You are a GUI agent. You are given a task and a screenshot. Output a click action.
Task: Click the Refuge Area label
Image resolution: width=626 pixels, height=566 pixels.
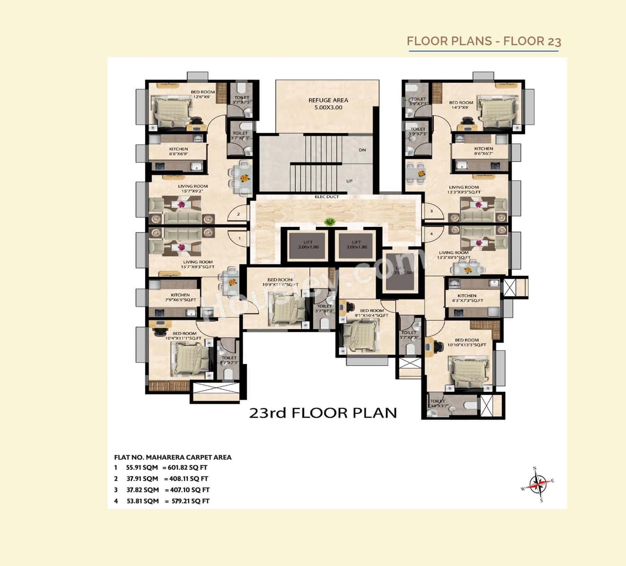[328, 104]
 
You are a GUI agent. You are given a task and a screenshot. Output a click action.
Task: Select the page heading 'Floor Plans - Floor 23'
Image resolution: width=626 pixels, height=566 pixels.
[484, 41]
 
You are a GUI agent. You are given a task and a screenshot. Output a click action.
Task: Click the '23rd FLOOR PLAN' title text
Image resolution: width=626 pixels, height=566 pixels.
[323, 413]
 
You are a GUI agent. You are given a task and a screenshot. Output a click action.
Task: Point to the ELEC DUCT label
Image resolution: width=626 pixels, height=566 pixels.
[327, 197]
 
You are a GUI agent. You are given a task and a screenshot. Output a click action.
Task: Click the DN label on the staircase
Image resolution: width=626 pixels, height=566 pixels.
[362, 150]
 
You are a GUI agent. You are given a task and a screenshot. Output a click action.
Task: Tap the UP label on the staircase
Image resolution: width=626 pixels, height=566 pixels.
[349, 181]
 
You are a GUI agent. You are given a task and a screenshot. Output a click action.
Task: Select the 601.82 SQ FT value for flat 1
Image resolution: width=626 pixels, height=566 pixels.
[188, 468]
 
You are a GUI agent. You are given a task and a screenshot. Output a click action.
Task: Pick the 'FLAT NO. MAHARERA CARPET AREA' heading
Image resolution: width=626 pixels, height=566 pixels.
[173, 457]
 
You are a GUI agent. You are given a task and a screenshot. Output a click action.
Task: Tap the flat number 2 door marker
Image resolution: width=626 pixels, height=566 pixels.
[239, 214]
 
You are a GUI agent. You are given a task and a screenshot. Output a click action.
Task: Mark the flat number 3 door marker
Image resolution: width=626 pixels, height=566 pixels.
[431, 211]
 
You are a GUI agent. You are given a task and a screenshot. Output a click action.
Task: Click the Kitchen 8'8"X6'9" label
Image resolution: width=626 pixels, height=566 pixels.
[179, 151]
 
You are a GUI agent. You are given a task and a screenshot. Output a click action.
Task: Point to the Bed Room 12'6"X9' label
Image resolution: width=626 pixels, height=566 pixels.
[202, 94]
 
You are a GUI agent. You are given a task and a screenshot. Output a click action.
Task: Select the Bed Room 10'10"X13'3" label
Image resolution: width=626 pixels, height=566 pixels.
[467, 342]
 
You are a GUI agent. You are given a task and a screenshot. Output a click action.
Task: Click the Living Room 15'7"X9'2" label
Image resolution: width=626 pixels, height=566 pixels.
[193, 188]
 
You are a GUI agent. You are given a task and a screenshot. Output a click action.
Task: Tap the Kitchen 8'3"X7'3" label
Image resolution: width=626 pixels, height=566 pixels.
[467, 298]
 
